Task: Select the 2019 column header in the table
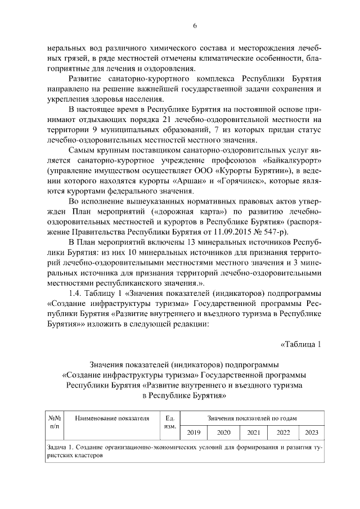193,433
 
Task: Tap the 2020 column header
223,433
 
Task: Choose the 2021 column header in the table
253,433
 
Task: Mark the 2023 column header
311,433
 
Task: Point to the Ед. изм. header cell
170,423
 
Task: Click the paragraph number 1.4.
75,292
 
